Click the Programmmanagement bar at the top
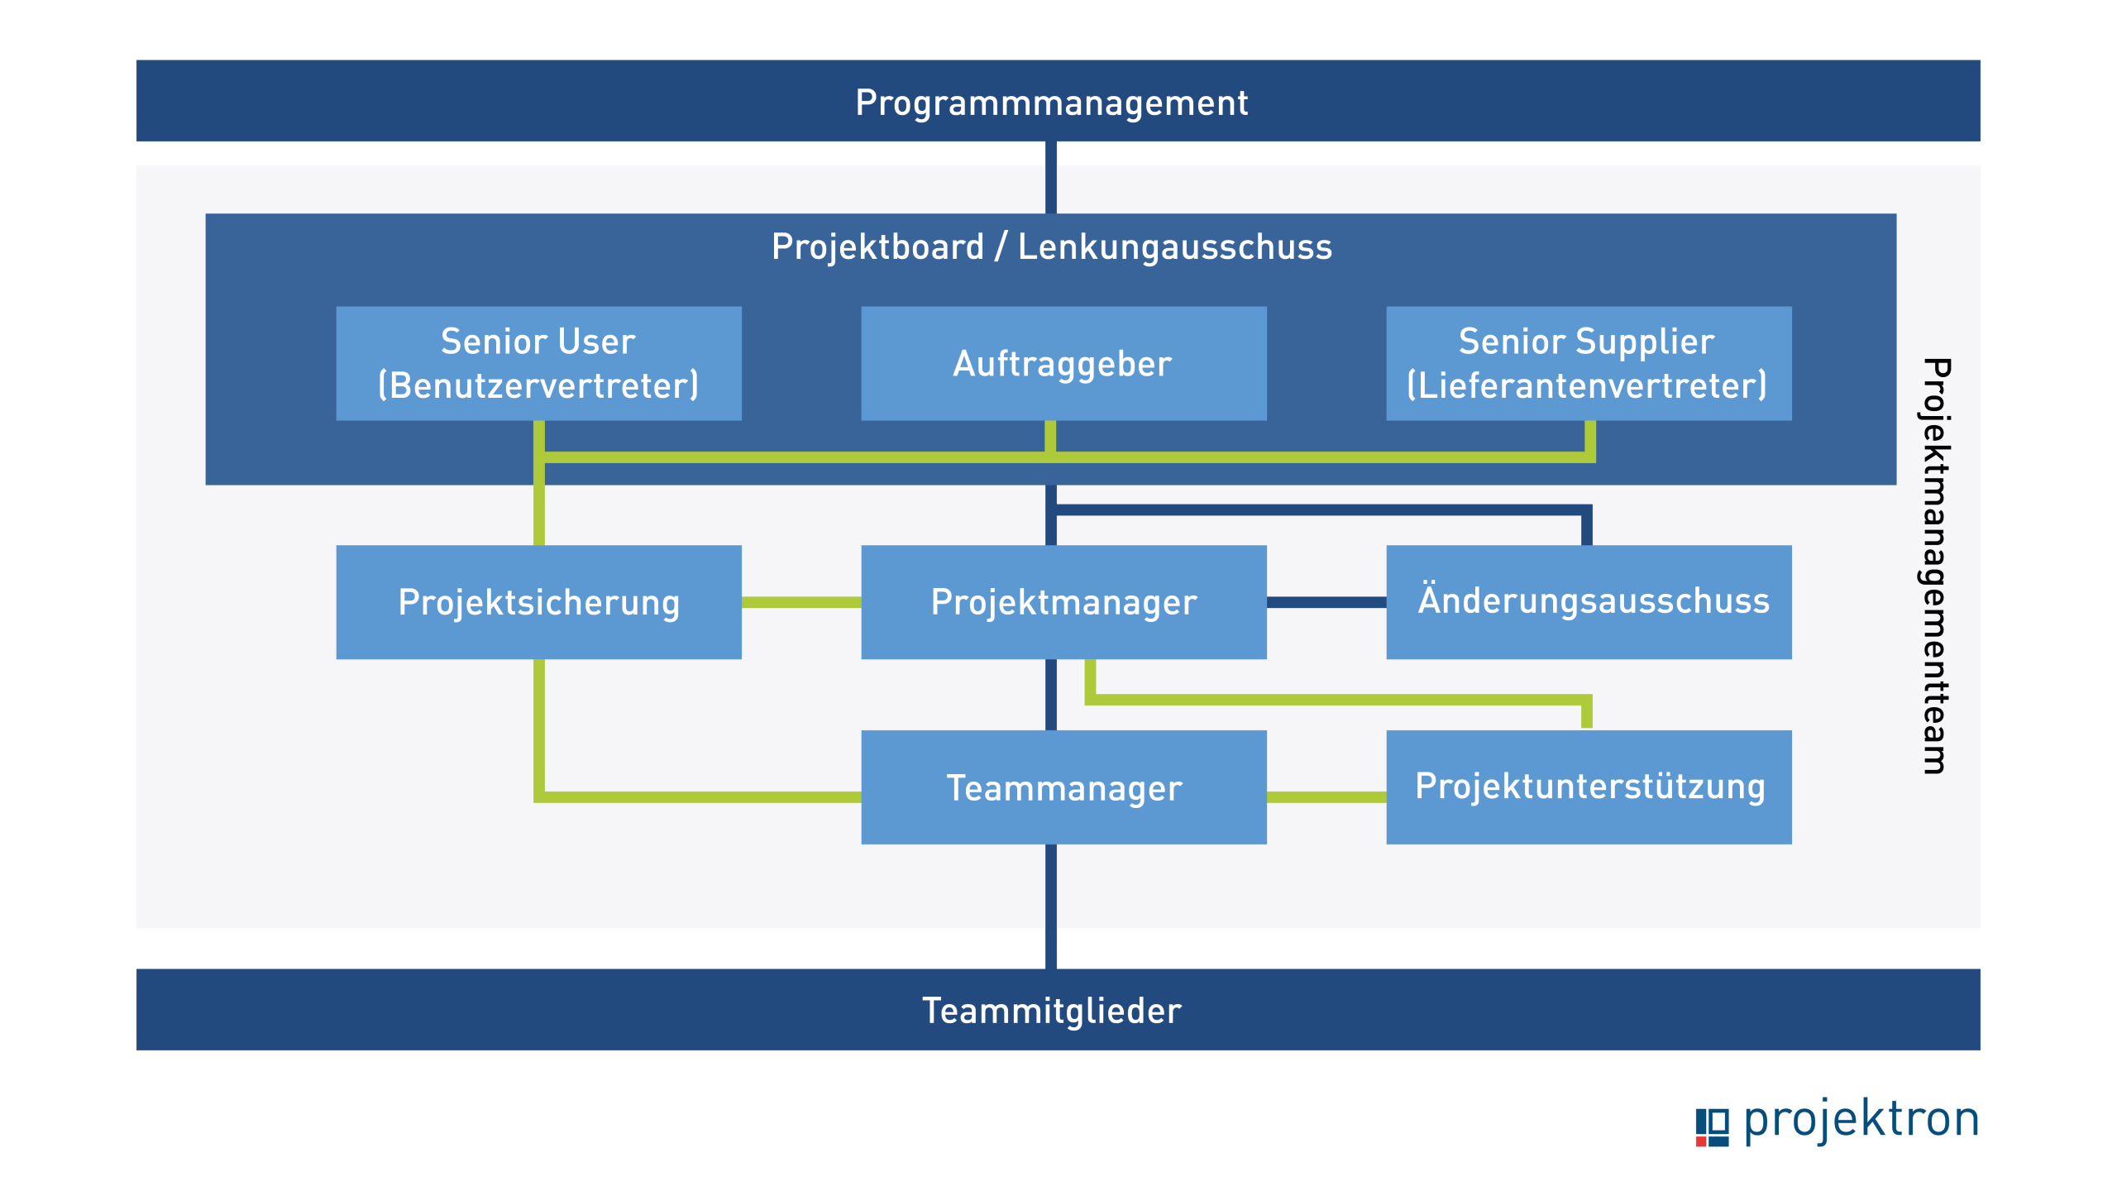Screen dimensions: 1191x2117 [x=1058, y=101]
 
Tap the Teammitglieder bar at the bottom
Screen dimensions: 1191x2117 [x=1058, y=1010]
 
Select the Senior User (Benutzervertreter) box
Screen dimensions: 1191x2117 [x=538, y=364]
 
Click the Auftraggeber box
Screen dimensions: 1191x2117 [x=1063, y=364]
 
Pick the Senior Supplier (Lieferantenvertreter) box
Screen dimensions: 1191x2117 [x=1589, y=364]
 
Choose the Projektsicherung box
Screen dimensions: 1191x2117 [x=538, y=602]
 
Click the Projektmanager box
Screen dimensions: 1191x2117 [x=1063, y=602]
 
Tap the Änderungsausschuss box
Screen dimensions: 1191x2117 [x=1589, y=602]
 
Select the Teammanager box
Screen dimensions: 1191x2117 [x=1063, y=787]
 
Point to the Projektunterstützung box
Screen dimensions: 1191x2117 [x=1589, y=787]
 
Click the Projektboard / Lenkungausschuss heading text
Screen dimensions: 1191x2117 [x=1051, y=247]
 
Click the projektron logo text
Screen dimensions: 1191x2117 [x=1861, y=1120]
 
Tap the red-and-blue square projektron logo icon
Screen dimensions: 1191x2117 [x=1712, y=1127]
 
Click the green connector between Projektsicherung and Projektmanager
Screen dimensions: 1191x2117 [x=800, y=603]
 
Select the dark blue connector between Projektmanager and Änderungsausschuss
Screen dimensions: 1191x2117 [x=1326, y=603]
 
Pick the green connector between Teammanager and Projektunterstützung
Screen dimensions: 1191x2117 [x=1326, y=797]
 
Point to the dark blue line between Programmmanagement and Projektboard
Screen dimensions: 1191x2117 [x=1051, y=178]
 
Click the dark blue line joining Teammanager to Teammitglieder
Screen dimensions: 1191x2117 [x=1051, y=906]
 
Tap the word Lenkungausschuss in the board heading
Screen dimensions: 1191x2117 [x=1175, y=247]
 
